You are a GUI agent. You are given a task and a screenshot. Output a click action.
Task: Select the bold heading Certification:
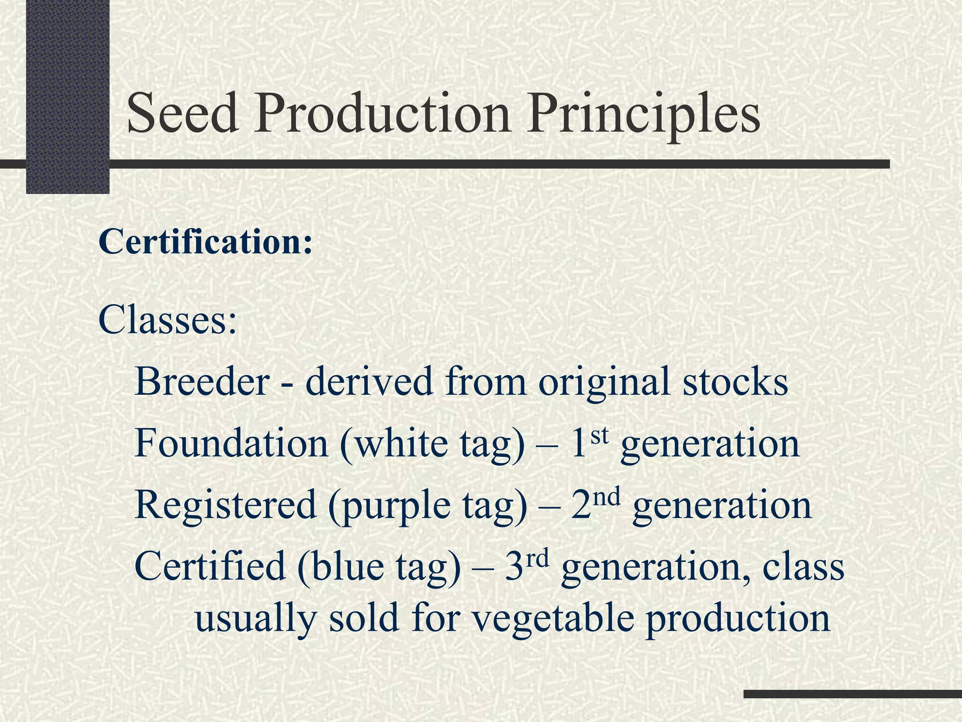[x=205, y=243]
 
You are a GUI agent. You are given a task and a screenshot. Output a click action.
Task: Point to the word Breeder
[x=202, y=381]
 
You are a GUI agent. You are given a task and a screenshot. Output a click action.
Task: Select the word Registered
[x=225, y=505]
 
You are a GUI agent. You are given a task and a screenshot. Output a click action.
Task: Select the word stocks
[x=735, y=381]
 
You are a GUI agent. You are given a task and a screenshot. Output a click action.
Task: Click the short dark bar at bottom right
[x=853, y=694]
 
